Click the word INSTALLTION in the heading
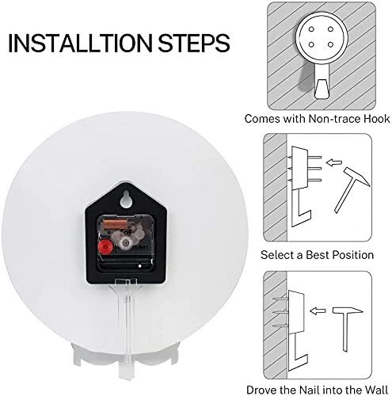tap(80, 43)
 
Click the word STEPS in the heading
tap(194, 43)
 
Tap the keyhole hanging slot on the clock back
tap(126, 199)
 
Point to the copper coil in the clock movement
tap(115, 224)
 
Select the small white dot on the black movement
tap(140, 266)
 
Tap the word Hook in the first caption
tap(377, 119)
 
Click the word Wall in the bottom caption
tap(376, 390)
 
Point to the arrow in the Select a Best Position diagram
tap(333, 162)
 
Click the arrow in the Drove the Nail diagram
tap(318, 311)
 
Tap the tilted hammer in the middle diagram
tap(350, 188)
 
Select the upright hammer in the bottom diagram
tap(346, 329)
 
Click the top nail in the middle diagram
tap(314, 158)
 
